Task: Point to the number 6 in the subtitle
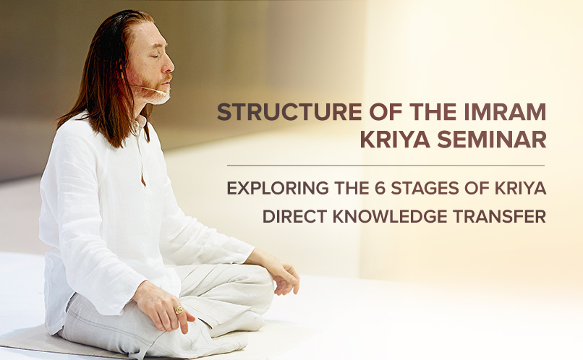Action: (379, 188)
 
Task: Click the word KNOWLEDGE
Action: (390, 217)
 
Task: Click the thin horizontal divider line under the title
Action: (386, 166)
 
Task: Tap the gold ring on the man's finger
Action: (179, 309)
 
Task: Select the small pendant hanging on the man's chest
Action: (143, 179)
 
